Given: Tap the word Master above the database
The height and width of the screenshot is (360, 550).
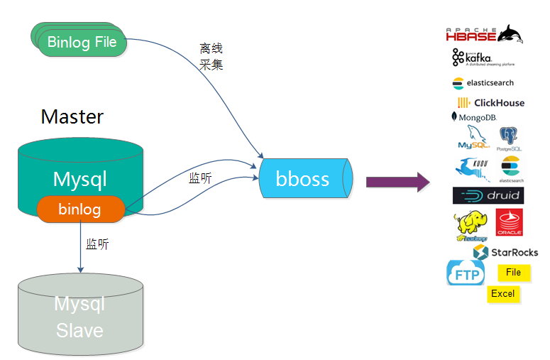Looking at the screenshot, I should (x=72, y=116).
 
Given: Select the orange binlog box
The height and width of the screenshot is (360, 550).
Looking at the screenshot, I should (x=80, y=209).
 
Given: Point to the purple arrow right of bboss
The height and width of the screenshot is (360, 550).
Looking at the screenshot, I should (x=398, y=182).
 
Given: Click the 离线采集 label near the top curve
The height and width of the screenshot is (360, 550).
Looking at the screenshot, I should (x=211, y=56).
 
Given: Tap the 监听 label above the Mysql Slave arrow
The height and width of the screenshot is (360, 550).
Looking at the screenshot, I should (x=97, y=244).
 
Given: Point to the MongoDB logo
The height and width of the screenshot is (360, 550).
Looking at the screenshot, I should (x=473, y=116).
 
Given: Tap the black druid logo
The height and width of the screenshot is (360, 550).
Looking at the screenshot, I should (x=488, y=195).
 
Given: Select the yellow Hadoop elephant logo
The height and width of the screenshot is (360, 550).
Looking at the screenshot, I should (x=471, y=227).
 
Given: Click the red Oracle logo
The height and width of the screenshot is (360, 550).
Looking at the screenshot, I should (x=509, y=222).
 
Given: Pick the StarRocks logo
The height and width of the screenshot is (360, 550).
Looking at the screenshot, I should (x=505, y=252).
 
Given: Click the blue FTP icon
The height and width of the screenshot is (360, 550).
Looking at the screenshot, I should (x=466, y=273).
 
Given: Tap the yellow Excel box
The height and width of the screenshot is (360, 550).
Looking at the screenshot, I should (x=503, y=294).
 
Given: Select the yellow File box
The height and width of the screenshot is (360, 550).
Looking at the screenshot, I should (x=513, y=272).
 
